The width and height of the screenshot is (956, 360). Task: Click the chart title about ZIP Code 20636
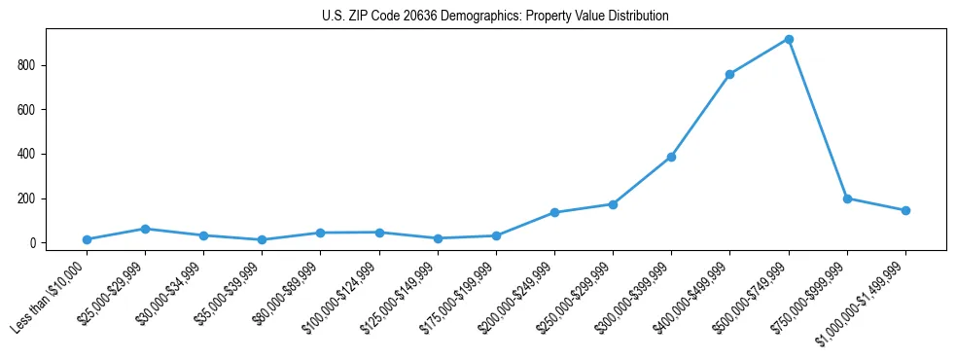495,17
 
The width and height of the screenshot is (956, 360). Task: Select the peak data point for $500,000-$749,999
789,39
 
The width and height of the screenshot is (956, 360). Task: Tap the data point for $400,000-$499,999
729,74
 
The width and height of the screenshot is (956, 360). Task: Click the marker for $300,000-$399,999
671,157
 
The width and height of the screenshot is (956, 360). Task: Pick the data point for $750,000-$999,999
847,198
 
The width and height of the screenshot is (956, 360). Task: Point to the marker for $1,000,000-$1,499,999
905,210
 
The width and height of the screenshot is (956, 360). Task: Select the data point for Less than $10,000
87,239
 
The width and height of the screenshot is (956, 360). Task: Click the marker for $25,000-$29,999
145,229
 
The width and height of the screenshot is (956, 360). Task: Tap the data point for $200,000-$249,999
554,212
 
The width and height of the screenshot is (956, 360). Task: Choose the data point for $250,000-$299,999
613,204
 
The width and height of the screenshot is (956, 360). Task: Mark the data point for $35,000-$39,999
262,239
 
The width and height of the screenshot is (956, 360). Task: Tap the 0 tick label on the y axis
34,243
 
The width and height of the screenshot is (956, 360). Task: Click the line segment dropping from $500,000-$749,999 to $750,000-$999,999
818,119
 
